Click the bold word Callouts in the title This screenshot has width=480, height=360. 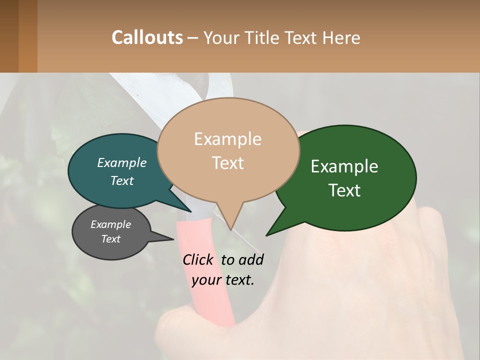point(147,37)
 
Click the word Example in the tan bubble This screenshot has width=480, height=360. point(227,139)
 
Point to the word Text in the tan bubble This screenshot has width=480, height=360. point(228,163)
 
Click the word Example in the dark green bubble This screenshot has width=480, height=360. point(344,166)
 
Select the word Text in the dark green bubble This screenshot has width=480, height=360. point(344,190)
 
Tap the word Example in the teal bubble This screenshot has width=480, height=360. point(122,163)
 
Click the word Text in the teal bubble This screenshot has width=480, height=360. point(122,180)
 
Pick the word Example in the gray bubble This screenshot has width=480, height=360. point(110,224)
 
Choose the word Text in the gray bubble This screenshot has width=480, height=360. point(110,239)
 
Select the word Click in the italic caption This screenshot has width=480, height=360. point(199,259)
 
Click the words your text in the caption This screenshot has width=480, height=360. point(223,280)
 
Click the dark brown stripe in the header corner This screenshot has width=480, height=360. point(9,36)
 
